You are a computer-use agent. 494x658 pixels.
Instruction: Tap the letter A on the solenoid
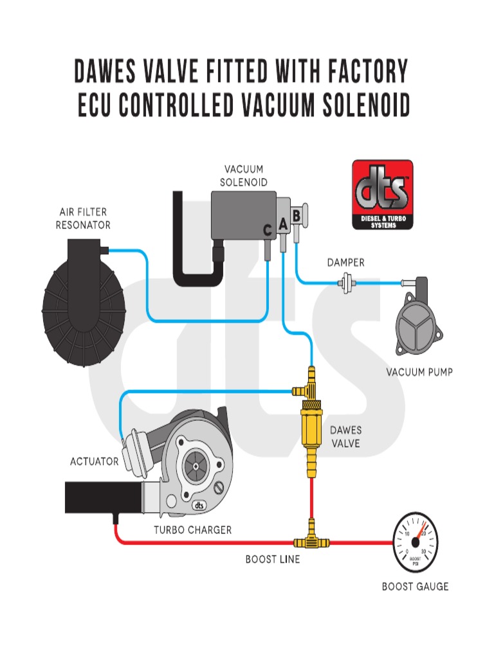click(x=283, y=224)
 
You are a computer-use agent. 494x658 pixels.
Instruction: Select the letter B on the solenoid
click(x=297, y=216)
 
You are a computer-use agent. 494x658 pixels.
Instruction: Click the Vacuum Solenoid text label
click(x=243, y=176)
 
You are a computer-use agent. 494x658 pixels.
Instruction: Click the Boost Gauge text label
click(x=415, y=586)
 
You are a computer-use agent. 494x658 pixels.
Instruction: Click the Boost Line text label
click(x=272, y=559)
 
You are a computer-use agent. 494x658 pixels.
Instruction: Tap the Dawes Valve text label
click(x=345, y=437)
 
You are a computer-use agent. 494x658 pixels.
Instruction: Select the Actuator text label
click(x=94, y=461)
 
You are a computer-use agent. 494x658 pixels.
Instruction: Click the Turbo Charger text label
click(x=192, y=530)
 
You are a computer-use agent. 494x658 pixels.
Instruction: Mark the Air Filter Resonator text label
click(x=83, y=218)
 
